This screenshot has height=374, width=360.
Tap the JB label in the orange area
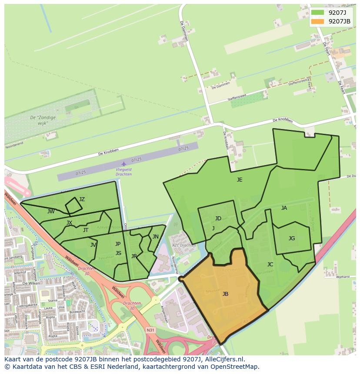(225, 294)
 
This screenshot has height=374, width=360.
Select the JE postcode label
(240, 180)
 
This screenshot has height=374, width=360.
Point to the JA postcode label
(284, 208)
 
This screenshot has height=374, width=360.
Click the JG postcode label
(292, 238)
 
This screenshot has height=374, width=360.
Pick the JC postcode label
(270, 265)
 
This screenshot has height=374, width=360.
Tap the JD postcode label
(218, 218)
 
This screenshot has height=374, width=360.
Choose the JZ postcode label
(82, 199)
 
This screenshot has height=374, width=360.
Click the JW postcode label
(51, 212)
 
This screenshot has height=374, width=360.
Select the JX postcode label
(70, 223)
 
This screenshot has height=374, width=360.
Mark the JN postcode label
(156, 237)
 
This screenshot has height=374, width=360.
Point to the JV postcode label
(93, 245)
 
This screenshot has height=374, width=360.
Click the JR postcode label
(134, 256)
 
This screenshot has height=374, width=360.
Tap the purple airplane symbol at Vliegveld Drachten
(124, 164)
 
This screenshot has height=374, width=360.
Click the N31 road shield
(150, 330)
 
